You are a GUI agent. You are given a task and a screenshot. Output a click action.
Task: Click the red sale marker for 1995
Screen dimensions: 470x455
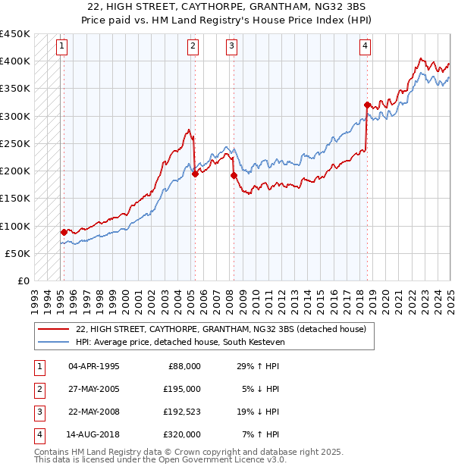(64, 232)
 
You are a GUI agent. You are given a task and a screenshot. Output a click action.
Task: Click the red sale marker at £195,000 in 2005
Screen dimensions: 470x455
(195, 174)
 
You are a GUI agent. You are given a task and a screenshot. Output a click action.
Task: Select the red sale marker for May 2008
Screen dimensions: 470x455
(234, 175)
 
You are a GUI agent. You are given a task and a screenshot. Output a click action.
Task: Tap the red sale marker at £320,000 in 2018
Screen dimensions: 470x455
(366, 105)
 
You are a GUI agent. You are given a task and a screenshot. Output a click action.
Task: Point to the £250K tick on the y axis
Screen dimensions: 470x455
(15, 143)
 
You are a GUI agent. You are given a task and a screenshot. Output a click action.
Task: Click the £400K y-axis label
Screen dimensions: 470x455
(15, 61)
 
